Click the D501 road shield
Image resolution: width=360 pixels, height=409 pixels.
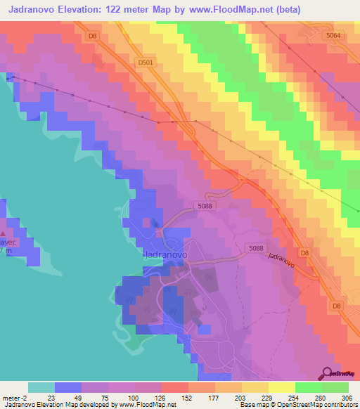click(x=146, y=63)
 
